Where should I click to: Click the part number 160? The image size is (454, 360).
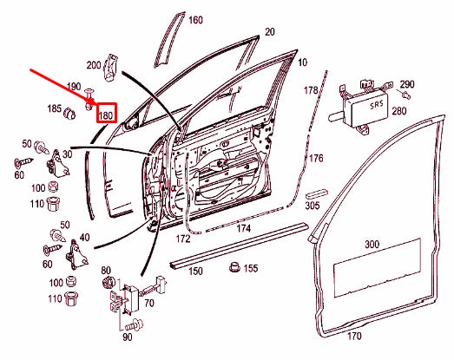pos(195,20)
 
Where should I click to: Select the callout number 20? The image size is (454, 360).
pos(269,31)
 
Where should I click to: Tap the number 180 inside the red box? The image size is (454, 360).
pos(107,115)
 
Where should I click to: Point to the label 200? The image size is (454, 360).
pos(94,65)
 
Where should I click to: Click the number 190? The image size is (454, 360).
pos(74,88)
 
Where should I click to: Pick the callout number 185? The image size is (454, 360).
pos(54,109)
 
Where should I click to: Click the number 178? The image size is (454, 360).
pos(312,91)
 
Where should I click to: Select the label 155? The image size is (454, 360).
pos(251,269)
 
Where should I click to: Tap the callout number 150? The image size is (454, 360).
pos(196,272)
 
